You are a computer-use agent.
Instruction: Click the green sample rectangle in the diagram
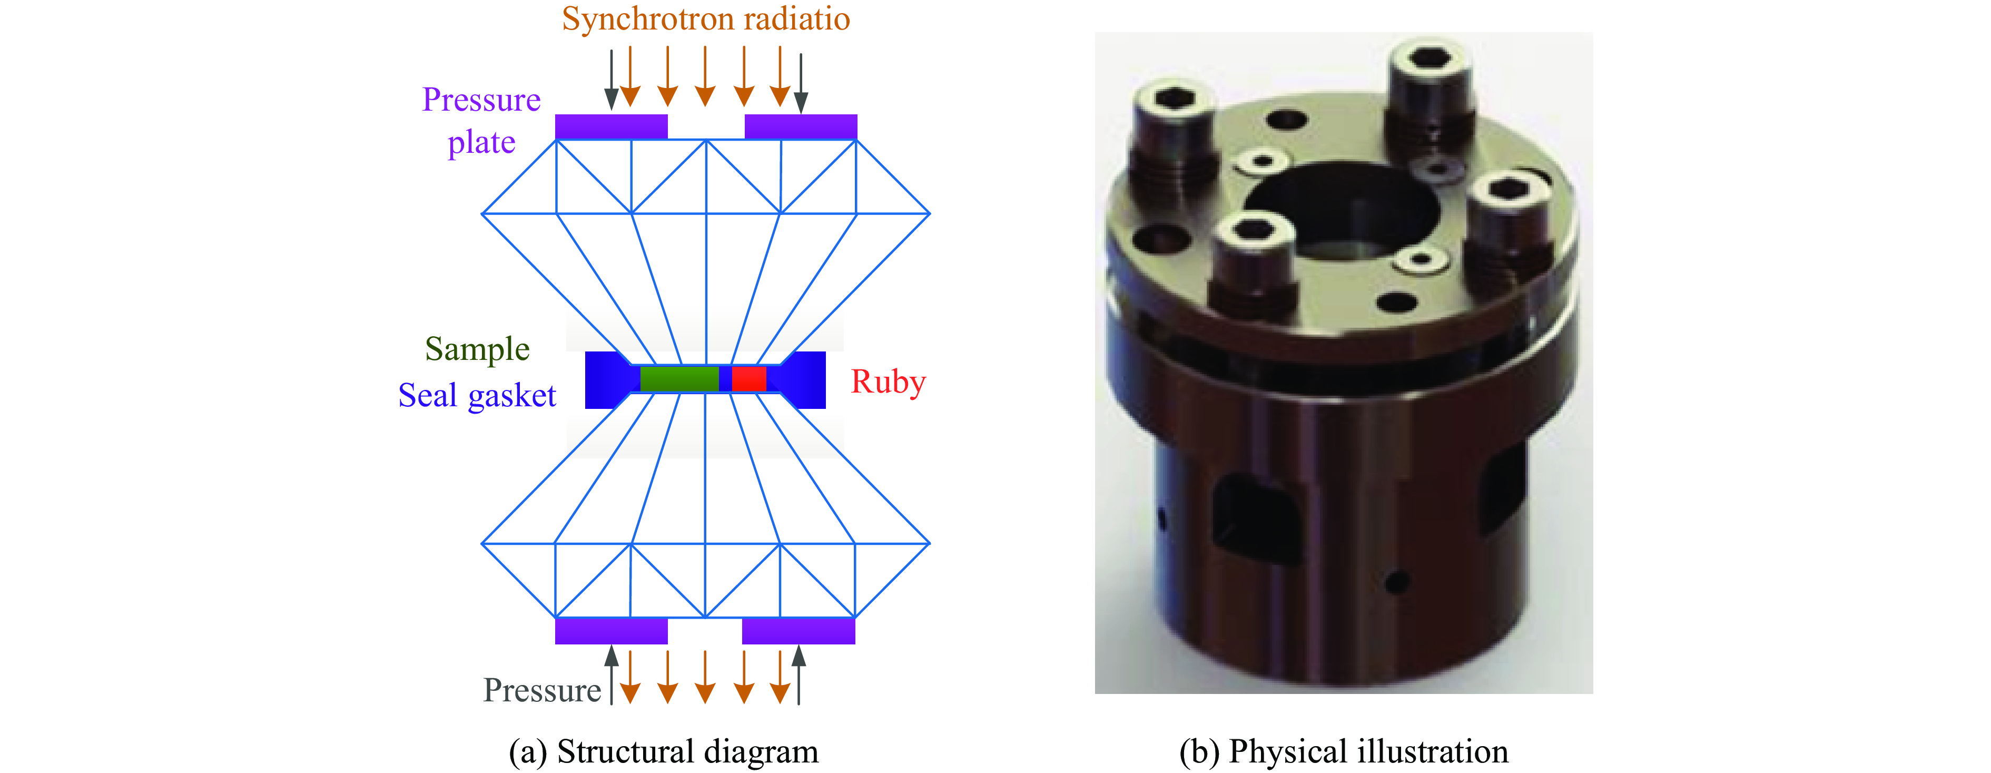pos(678,379)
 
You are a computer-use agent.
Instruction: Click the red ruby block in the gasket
pos(748,379)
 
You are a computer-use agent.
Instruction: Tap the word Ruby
pos(888,382)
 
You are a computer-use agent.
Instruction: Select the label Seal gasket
pos(477,396)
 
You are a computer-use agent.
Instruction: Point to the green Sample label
pos(477,349)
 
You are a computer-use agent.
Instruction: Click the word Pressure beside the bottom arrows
pos(542,690)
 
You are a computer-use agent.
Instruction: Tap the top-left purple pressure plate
pos(610,126)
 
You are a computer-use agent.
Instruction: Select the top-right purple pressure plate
pos(801,126)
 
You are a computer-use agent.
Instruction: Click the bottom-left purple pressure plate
pos(610,631)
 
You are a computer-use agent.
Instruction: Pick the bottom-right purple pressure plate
pos(799,631)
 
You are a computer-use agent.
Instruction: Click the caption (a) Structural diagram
pos(663,751)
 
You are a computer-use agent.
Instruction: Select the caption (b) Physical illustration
pos(1343,751)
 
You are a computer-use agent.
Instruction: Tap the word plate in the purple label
pos(481,143)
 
